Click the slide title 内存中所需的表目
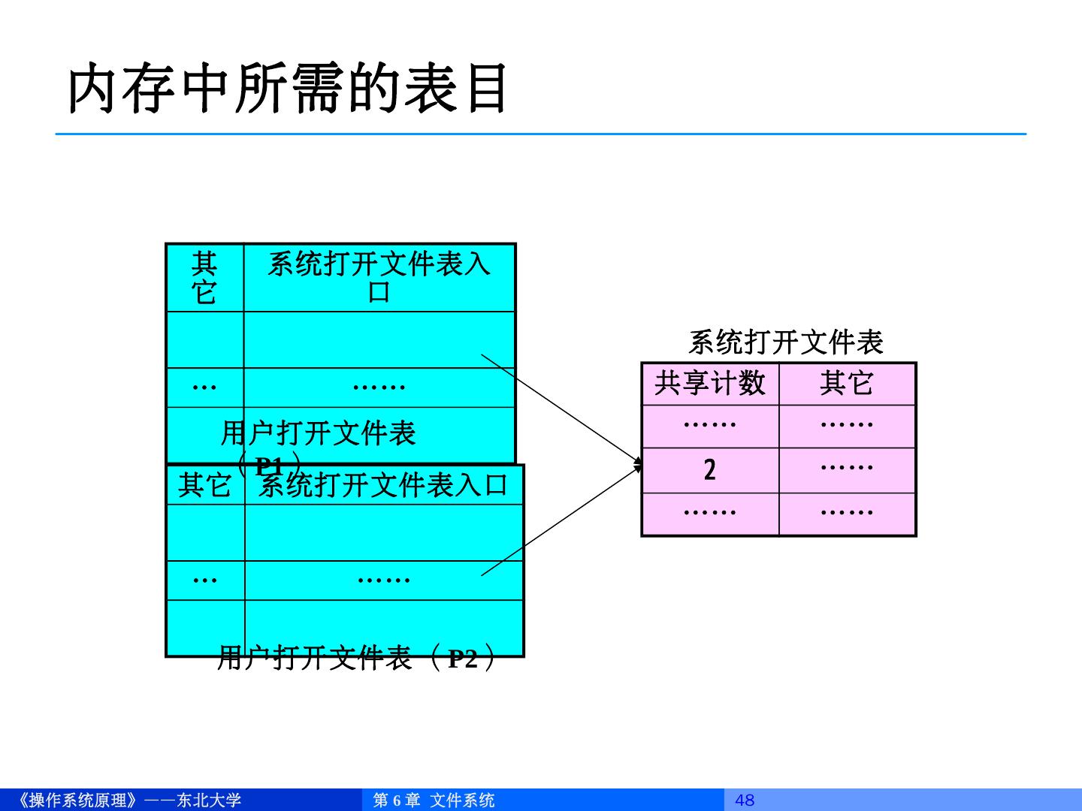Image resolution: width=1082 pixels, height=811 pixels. [289, 89]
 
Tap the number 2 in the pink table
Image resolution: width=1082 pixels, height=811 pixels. [710, 470]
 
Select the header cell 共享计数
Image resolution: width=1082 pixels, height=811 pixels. [710, 384]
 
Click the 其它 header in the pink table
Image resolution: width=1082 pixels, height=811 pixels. [847, 384]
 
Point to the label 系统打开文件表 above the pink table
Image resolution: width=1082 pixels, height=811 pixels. [785, 343]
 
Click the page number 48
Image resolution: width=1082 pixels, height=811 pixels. [745, 800]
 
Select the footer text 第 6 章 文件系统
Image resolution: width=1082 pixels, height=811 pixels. [434, 800]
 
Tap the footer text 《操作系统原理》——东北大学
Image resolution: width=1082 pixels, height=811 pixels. [128, 800]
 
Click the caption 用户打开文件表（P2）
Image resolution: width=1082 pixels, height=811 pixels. [357, 659]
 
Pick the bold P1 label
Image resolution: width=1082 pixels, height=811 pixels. [269, 466]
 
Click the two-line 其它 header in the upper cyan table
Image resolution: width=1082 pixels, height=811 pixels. [204, 278]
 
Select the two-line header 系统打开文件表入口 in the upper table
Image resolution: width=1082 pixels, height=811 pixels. [379, 278]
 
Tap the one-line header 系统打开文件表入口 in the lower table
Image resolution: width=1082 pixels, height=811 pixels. [383, 485]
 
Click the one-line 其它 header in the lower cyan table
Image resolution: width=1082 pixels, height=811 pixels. [204, 485]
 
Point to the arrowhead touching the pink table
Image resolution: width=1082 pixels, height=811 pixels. [638, 464]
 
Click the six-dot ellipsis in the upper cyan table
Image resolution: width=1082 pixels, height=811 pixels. [379, 387]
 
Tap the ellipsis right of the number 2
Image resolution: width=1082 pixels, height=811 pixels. [847, 468]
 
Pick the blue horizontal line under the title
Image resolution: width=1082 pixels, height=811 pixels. [541, 134]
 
